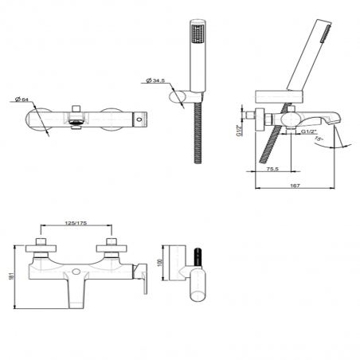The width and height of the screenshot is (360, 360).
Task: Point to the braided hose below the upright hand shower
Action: pyautogui.click(x=197, y=135)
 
